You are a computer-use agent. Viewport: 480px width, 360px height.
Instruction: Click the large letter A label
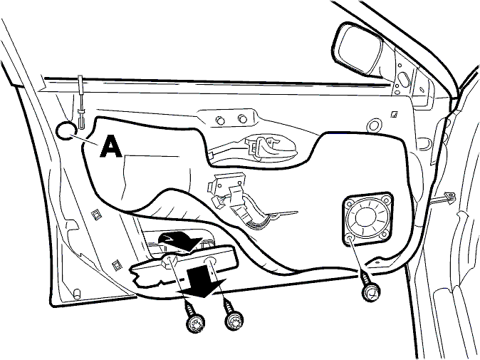[111, 147]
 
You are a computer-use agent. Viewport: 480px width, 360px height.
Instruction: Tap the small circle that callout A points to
[66, 130]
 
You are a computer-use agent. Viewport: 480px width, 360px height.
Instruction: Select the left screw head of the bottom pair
[196, 323]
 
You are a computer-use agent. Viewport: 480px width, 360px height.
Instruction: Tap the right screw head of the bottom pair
[235, 321]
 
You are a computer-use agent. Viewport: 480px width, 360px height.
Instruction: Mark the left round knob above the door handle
[220, 120]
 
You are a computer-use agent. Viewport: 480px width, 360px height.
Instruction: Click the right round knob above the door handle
[242, 118]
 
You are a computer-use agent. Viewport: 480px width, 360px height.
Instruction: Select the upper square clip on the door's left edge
[96, 214]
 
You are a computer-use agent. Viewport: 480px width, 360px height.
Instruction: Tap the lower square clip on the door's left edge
[117, 264]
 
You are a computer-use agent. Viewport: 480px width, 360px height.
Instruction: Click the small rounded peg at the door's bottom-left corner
[77, 294]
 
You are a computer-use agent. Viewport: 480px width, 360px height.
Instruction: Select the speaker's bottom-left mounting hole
[350, 237]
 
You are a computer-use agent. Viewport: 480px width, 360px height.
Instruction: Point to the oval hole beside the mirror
[404, 78]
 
